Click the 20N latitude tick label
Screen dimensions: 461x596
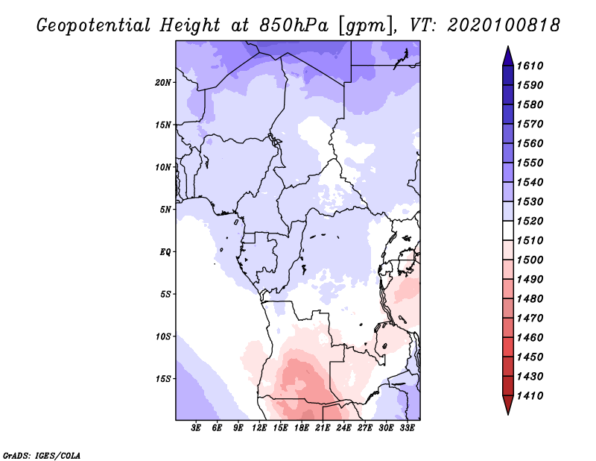pos(163,82)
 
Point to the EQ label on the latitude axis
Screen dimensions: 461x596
pos(165,251)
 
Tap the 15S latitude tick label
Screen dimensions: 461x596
pos(163,378)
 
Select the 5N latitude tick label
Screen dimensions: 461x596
pos(165,209)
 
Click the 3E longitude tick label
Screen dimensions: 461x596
pos(197,428)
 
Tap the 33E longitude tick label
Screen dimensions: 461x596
pos(408,428)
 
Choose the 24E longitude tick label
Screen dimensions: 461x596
pos(344,428)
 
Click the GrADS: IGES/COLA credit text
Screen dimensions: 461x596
pos(33,454)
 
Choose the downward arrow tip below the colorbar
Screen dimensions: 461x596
pos(507,411)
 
